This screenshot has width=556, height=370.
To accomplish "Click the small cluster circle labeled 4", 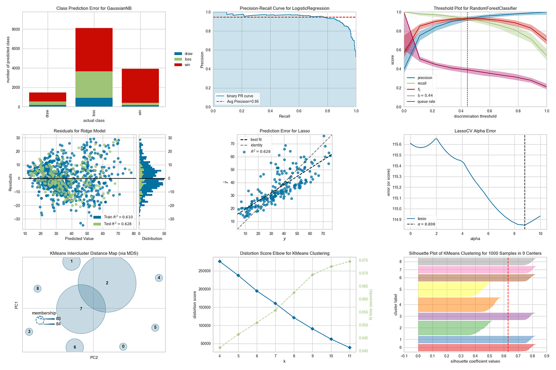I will point(159,278).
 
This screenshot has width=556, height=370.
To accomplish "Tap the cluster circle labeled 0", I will point(123,346).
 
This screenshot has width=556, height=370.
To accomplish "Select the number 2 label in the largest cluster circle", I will point(107,283).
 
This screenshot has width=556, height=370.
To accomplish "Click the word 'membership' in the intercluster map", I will point(44,313).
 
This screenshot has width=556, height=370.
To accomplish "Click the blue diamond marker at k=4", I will point(220,261).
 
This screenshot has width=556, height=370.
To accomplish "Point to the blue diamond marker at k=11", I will point(349,347).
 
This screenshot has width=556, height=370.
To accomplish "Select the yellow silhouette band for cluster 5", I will point(452,289).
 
